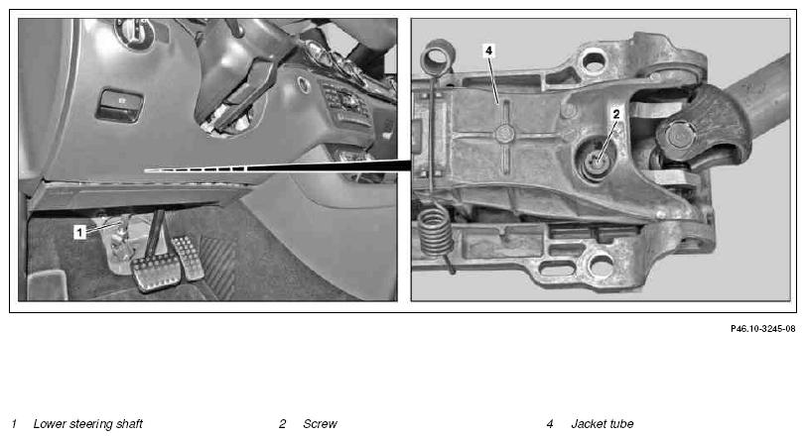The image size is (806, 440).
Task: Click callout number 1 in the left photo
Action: click(x=79, y=232)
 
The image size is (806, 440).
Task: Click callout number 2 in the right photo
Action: click(x=616, y=115)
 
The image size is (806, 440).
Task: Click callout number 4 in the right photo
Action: click(x=488, y=51)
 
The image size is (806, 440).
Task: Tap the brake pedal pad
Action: click(x=156, y=273)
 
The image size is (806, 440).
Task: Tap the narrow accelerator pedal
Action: click(x=188, y=259)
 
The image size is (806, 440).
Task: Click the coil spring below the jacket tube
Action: click(x=436, y=231)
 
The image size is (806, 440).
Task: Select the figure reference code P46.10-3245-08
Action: click(x=762, y=329)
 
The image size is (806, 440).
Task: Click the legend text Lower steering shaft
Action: click(x=88, y=424)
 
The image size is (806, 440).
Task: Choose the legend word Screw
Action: click(x=320, y=424)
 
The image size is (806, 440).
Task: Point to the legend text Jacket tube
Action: click(x=602, y=424)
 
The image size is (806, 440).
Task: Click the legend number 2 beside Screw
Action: click(x=282, y=424)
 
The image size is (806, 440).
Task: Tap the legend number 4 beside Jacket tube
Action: click(x=550, y=424)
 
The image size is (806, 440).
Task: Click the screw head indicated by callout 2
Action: click(x=596, y=162)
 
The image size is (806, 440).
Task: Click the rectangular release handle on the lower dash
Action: click(x=119, y=105)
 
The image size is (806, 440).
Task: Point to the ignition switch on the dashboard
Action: click(x=135, y=32)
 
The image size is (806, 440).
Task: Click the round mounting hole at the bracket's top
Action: click(x=594, y=61)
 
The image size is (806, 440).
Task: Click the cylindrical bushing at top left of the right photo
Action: click(x=439, y=57)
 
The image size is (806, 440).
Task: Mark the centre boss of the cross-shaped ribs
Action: click(x=505, y=135)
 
